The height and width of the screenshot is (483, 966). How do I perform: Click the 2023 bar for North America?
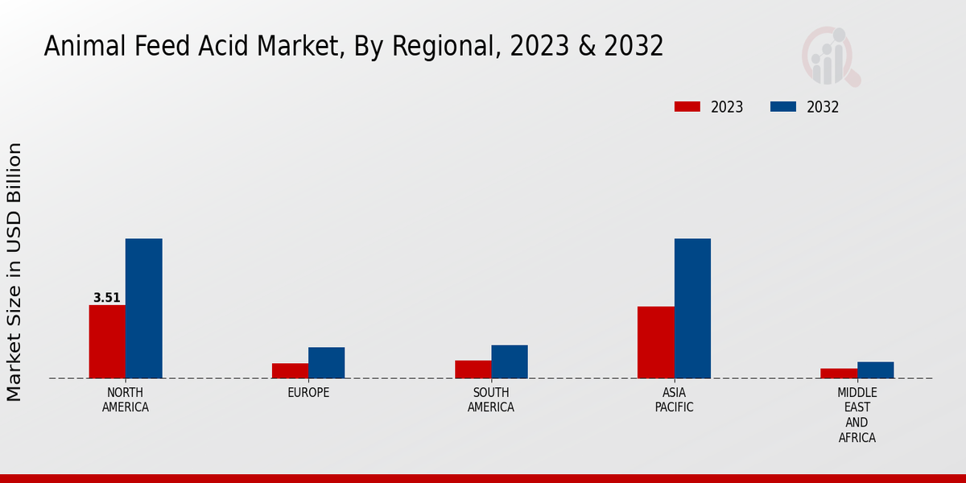(107, 341)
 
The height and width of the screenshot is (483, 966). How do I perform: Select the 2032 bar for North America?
(143, 308)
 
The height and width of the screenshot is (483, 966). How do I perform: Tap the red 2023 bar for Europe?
(290, 370)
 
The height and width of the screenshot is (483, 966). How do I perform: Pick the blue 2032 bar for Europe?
(326, 362)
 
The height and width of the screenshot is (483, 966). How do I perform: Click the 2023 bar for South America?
(473, 369)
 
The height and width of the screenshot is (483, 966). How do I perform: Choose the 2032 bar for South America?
(510, 361)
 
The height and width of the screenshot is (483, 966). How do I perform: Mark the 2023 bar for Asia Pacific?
(655, 342)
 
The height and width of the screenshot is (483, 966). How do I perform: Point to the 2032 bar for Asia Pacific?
(692, 308)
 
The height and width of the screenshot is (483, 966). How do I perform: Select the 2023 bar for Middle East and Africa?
(839, 373)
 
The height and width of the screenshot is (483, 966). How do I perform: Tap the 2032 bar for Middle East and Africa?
(875, 369)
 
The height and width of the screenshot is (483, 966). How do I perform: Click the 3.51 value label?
(107, 298)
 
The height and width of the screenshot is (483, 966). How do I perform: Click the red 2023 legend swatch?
(687, 107)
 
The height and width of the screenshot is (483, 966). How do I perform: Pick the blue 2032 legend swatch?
(783, 107)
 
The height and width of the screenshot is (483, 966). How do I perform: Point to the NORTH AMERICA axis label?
(126, 400)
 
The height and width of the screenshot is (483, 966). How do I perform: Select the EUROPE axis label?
(308, 393)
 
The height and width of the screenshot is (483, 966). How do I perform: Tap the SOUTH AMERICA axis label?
(491, 400)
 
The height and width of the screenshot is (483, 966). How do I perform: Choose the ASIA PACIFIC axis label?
(674, 400)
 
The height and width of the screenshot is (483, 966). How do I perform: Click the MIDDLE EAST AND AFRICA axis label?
(857, 415)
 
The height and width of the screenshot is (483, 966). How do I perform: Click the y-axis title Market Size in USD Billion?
(14, 272)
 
